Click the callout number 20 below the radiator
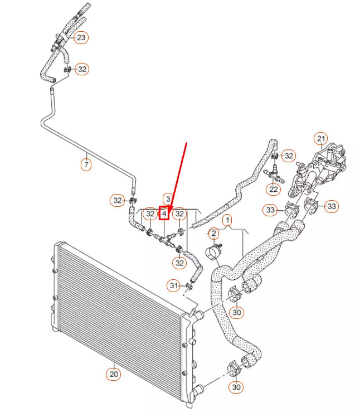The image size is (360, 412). pyautogui.click(x=113, y=374)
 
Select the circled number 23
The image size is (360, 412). pyautogui.click(x=81, y=38)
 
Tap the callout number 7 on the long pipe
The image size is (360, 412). pyautogui.click(x=86, y=165)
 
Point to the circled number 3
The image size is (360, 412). pyautogui.click(x=167, y=199)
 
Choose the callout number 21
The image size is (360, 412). pyautogui.click(x=320, y=138)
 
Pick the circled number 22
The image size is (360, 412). pyautogui.click(x=273, y=190)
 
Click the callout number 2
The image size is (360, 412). pyautogui.click(x=213, y=232)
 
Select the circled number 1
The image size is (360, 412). pyautogui.click(x=228, y=221)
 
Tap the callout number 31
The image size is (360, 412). pyautogui.click(x=173, y=286)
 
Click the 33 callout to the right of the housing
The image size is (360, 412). pyautogui.click(x=332, y=207)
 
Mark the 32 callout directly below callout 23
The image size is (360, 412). pyautogui.click(x=82, y=69)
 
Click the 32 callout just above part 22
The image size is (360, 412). pyautogui.click(x=288, y=156)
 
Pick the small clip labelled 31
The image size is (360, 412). pyautogui.click(x=188, y=287)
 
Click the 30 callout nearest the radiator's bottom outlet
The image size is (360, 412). pyautogui.click(x=237, y=387)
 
